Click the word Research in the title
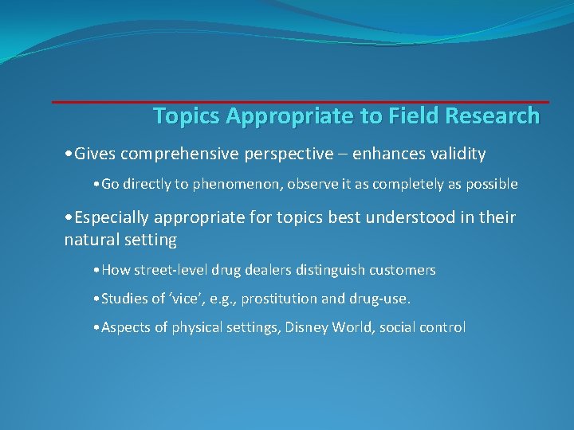492,116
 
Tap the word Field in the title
412,116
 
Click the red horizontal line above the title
301,101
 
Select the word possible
491,185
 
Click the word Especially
112,217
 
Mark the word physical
198,328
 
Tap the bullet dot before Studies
96,299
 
